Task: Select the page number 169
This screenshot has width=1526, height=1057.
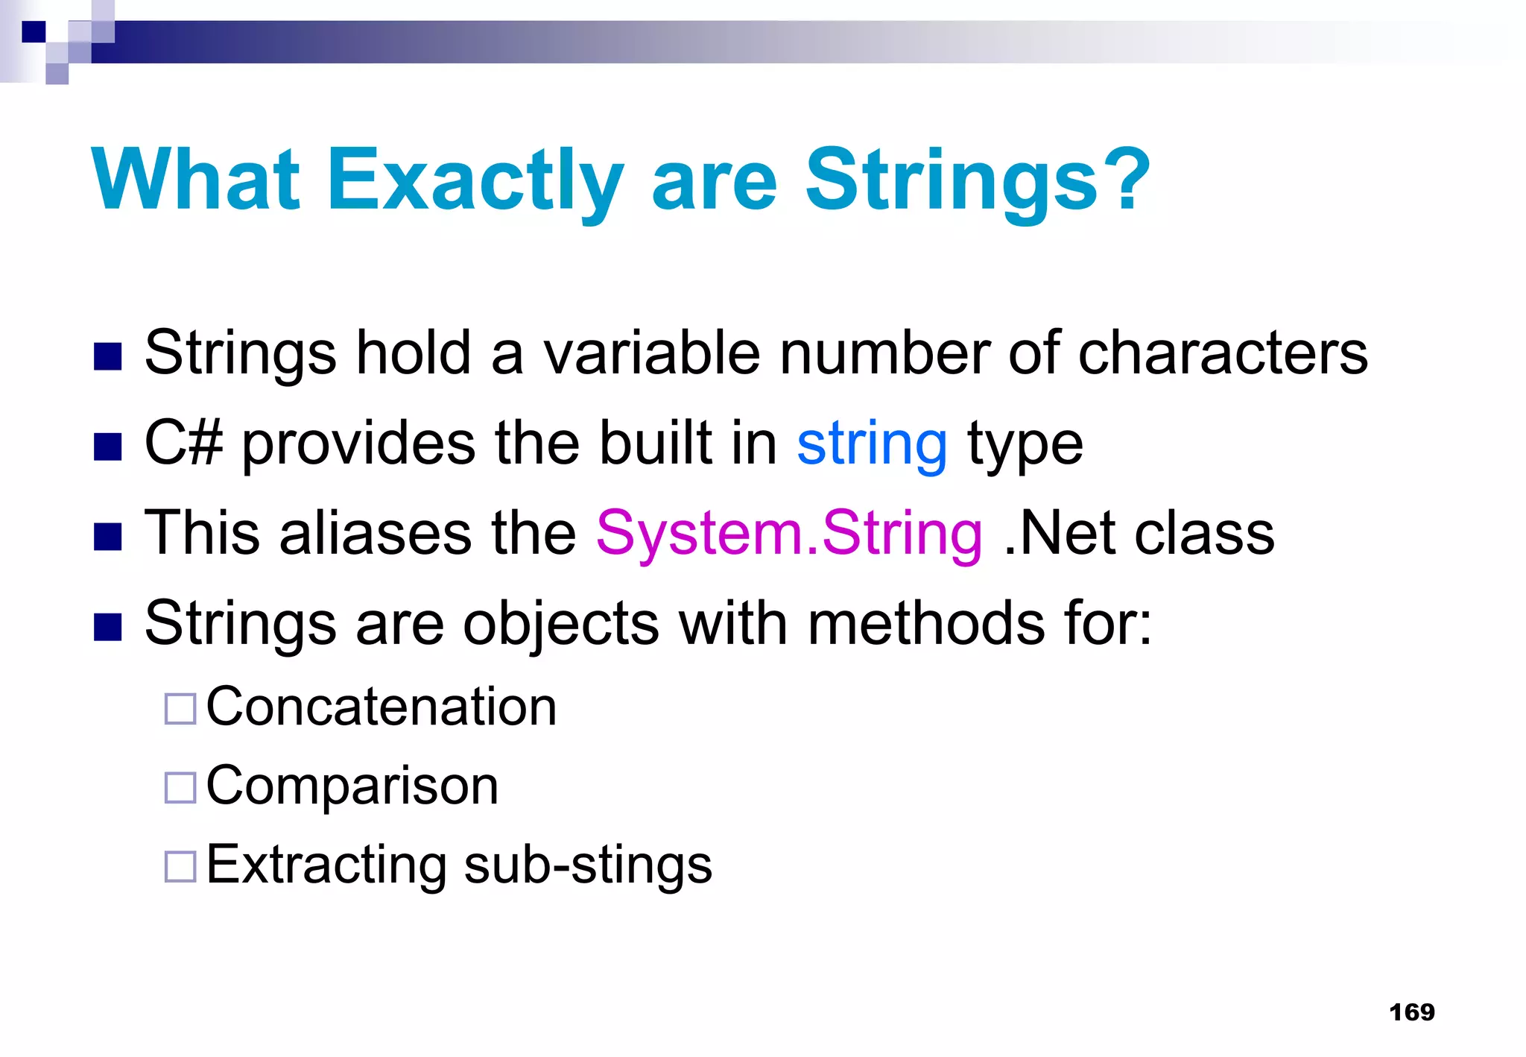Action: click(1411, 1012)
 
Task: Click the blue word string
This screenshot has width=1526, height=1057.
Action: click(872, 444)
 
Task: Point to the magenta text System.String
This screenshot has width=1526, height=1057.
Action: click(789, 534)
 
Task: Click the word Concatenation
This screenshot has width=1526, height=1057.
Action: click(381, 707)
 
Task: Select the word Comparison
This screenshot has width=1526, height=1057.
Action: click(352, 786)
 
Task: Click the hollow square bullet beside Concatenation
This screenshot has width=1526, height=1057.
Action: click(180, 709)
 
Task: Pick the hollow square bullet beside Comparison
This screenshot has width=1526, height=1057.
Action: click(180, 787)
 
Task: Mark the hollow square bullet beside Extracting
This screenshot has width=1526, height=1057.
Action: click(180, 867)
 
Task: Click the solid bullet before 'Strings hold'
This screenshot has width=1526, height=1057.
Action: click(108, 357)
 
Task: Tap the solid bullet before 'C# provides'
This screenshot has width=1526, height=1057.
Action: click(108, 447)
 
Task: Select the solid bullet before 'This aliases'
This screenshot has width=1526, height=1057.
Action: click(108, 537)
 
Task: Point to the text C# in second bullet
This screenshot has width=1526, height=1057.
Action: click(183, 444)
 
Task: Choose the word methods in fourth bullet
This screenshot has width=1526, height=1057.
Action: click(925, 623)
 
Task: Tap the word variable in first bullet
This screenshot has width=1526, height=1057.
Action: click(651, 353)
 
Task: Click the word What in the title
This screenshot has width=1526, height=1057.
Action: click(195, 180)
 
